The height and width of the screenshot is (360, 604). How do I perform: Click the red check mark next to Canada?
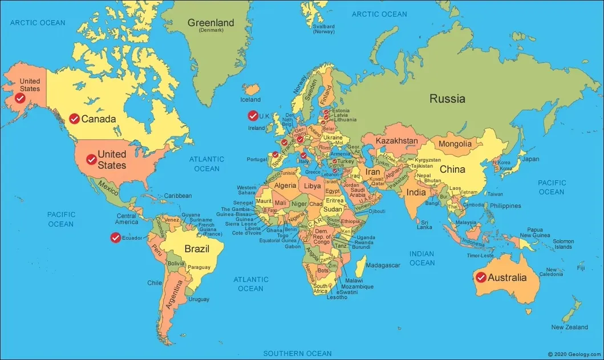pos(74,119)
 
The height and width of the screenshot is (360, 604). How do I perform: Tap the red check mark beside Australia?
pos(481,278)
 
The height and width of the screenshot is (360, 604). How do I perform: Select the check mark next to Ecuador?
pos(116,238)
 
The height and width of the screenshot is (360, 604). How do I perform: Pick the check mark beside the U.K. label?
pos(253,116)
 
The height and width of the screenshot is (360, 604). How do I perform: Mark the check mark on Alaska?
pos(20,99)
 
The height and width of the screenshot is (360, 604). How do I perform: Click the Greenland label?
pos(211,23)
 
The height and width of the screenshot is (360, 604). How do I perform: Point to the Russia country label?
pos(447,99)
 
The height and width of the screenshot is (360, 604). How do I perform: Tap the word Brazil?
pos(196,249)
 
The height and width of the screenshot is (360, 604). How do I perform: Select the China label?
pos(452,169)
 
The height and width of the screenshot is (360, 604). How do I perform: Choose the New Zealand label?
pos(569,327)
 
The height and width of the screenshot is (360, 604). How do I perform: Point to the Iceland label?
pos(250,100)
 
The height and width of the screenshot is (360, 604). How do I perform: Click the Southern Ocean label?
pos(297,354)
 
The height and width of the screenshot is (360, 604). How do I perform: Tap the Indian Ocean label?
pos(421,258)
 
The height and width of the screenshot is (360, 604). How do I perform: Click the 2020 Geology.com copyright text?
pos(574,354)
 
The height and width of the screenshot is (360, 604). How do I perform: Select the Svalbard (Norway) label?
pos(323,29)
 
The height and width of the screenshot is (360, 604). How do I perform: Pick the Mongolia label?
pos(455,144)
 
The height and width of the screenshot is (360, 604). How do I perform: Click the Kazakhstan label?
pos(397,141)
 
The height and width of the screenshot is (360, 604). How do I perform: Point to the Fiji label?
pos(581,268)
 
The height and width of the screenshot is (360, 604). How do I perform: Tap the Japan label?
pos(530,159)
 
